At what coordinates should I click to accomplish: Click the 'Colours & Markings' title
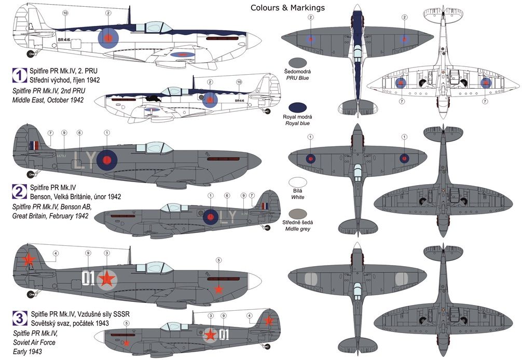point(287,7)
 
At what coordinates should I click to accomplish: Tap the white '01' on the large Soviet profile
point(89,279)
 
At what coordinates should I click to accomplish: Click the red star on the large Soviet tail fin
point(30,258)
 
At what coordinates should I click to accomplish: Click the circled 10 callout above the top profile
point(65,12)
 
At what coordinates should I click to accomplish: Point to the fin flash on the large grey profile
point(34,146)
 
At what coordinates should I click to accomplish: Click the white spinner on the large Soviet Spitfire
point(255,279)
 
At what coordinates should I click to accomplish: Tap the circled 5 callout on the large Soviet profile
point(219,260)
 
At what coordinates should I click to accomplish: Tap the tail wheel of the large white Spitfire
point(32,53)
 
